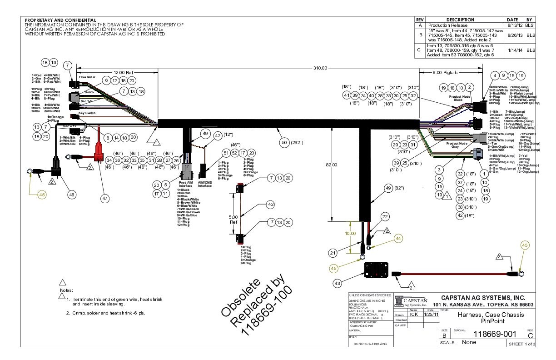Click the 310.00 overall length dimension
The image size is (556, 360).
tap(320, 68)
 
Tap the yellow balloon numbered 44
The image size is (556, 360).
tap(398, 238)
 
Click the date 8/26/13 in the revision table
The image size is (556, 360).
tap(512, 35)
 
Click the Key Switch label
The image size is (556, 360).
tap(87, 113)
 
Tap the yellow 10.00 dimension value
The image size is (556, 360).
tap(350, 233)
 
